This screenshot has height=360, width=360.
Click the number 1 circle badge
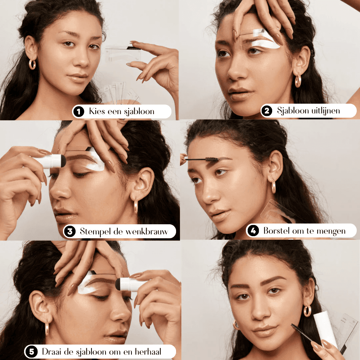[79, 112]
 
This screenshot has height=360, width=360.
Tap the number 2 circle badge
[267, 111]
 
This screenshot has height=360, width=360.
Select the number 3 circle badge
[70, 231]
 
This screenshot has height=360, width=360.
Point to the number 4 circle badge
[253, 231]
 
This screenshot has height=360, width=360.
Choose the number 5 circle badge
[32, 351]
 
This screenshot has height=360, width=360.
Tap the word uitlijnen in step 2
[325, 111]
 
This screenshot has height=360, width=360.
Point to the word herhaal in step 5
[148, 351]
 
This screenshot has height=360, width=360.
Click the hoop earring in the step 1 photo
[32, 64]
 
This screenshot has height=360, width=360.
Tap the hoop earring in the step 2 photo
[298, 81]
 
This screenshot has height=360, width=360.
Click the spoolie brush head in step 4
[211, 159]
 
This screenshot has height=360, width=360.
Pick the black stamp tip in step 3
[64, 161]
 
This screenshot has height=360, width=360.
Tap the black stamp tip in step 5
[118, 284]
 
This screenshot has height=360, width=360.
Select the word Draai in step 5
[51, 351]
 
